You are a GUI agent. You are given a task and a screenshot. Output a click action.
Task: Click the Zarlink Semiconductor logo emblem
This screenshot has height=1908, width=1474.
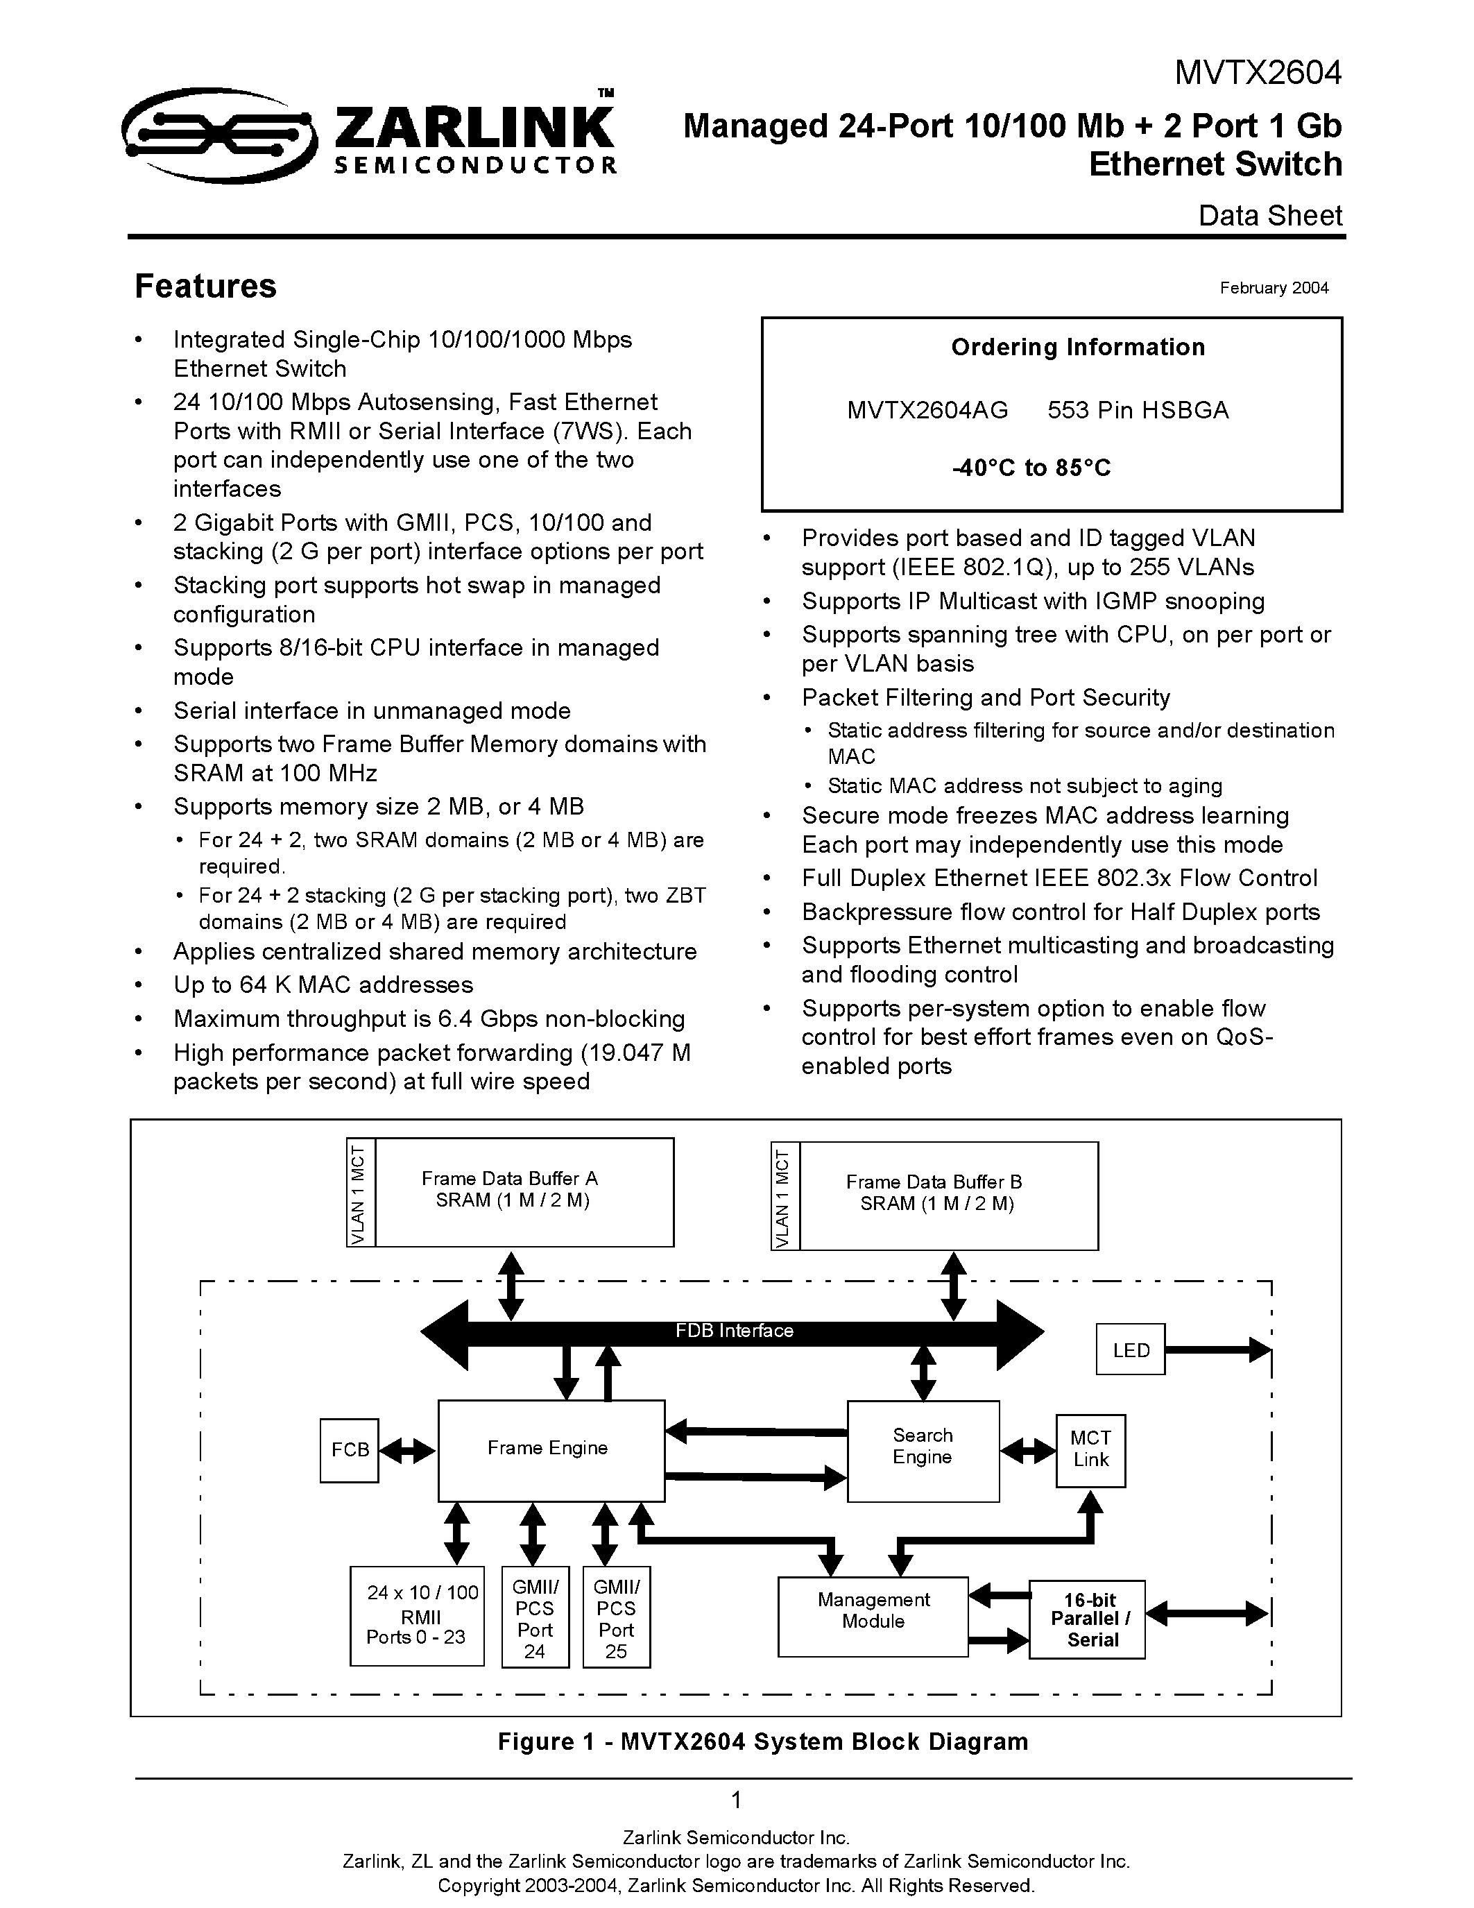pyautogui.click(x=218, y=135)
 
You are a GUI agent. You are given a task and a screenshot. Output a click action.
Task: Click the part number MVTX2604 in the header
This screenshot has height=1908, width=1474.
pyautogui.click(x=1257, y=73)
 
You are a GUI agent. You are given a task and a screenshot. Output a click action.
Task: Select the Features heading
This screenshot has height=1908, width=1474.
pyautogui.click(x=205, y=287)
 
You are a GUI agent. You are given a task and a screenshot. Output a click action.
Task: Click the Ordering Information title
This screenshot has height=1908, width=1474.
pyautogui.click(x=1077, y=348)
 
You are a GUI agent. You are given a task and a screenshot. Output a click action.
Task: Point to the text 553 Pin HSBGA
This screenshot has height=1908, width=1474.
pyautogui.click(x=1138, y=410)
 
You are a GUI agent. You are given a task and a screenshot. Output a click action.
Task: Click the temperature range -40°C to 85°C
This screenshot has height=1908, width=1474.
pyautogui.click(x=1031, y=468)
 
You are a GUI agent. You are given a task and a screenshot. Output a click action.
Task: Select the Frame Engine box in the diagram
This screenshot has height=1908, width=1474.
pyautogui.click(x=550, y=1449)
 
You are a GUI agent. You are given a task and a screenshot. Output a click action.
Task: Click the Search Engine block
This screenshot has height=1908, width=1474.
pyautogui.click(x=923, y=1450)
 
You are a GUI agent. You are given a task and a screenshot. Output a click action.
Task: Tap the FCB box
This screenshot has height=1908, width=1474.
pyautogui.click(x=350, y=1450)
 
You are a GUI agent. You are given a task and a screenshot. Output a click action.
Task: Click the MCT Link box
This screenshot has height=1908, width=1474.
pyautogui.click(x=1090, y=1449)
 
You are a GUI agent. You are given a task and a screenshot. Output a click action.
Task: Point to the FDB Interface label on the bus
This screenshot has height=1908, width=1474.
pyautogui.click(x=733, y=1331)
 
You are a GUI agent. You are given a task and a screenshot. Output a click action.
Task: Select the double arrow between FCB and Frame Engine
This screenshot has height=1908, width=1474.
pyautogui.click(x=408, y=1451)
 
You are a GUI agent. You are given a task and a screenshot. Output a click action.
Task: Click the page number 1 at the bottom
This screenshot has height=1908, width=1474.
pyautogui.click(x=736, y=1800)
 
